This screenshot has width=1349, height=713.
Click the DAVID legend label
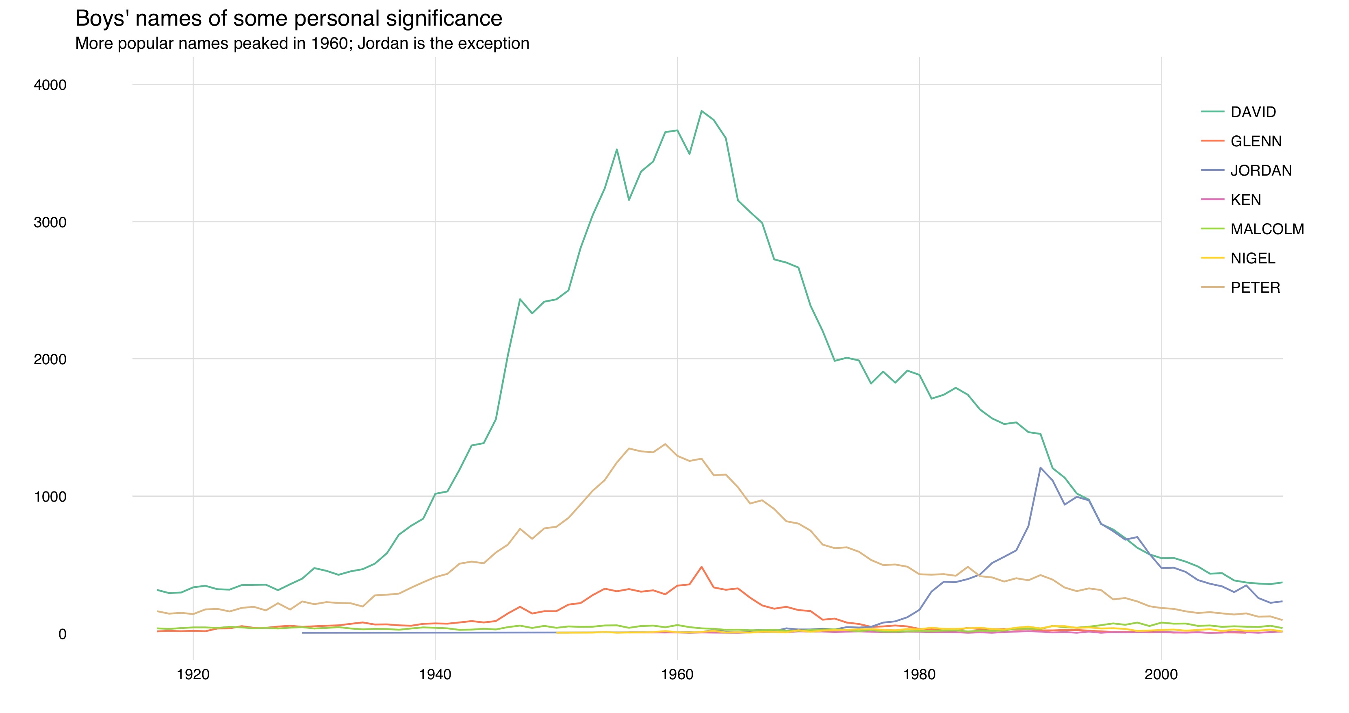point(1253,112)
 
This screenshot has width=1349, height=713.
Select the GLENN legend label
point(1256,141)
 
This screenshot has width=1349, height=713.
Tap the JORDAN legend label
point(1260,171)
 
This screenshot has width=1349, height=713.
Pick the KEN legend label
point(1245,200)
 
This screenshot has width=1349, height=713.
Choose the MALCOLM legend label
point(1267,229)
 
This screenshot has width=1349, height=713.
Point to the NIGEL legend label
point(1253,259)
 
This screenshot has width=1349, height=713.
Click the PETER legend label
point(1255,288)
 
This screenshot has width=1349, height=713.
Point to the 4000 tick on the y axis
point(50,85)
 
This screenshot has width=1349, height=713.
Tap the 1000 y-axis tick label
point(50,497)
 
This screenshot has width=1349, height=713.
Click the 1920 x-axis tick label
point(193,674)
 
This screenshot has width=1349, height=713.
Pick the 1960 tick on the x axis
point(677,674)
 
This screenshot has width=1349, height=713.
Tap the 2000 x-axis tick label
point(1161,674)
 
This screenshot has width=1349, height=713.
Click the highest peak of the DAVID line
point(701,111)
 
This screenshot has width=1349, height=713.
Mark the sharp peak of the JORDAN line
point(1040,467)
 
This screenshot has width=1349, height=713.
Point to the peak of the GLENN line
point(701,567)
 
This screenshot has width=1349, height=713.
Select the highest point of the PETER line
point(665,444)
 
